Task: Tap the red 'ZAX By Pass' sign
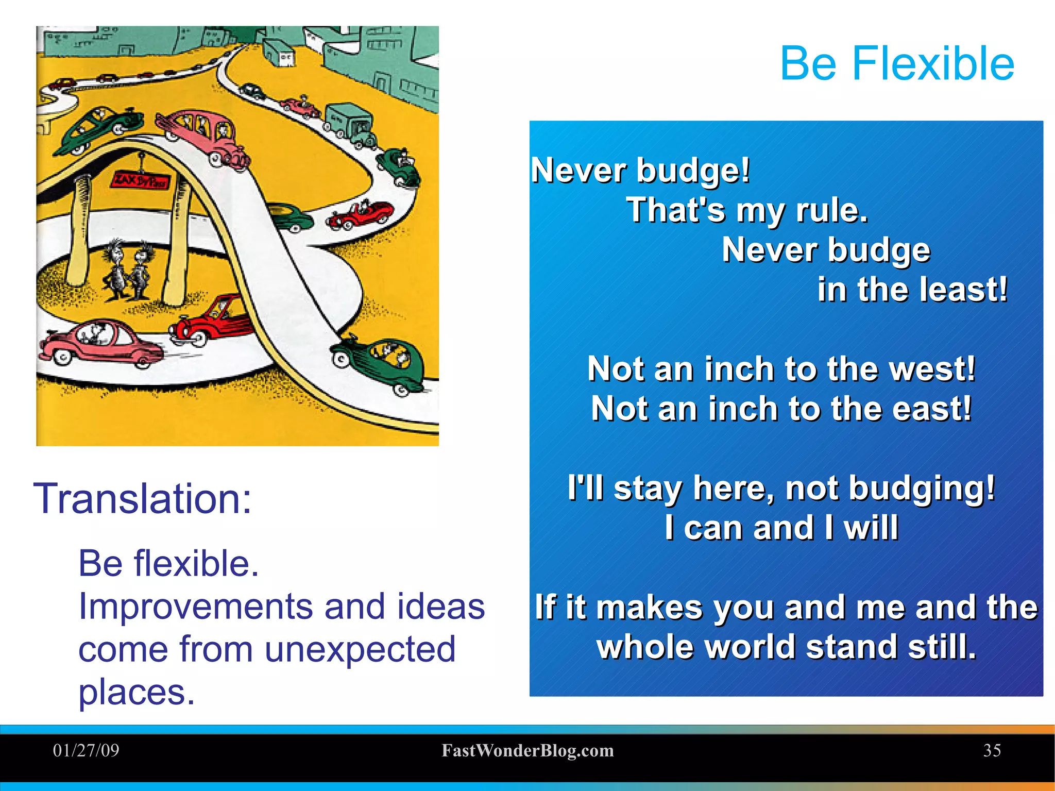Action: pyautogui.click(x=140, y=181)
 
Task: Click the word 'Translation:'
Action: pyautogui.click(x=142, y=498)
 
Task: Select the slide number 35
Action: pyautogui.click(x=992, y=750)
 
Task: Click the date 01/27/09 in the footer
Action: pyautogui.click(x=86, y=750)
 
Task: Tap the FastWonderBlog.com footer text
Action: pyautogui.click(x=527, y=751)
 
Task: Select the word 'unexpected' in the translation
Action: pyautogui.click(x=360, y=649)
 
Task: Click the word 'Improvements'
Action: pyautogui.click(x=195, y=606)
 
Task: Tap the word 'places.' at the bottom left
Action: pyautogui.click(x=137, y=692)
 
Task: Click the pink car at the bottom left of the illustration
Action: pyautogui.click(x=100, y=343)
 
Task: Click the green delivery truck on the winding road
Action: pyautogui.click(x=351, y=124)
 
